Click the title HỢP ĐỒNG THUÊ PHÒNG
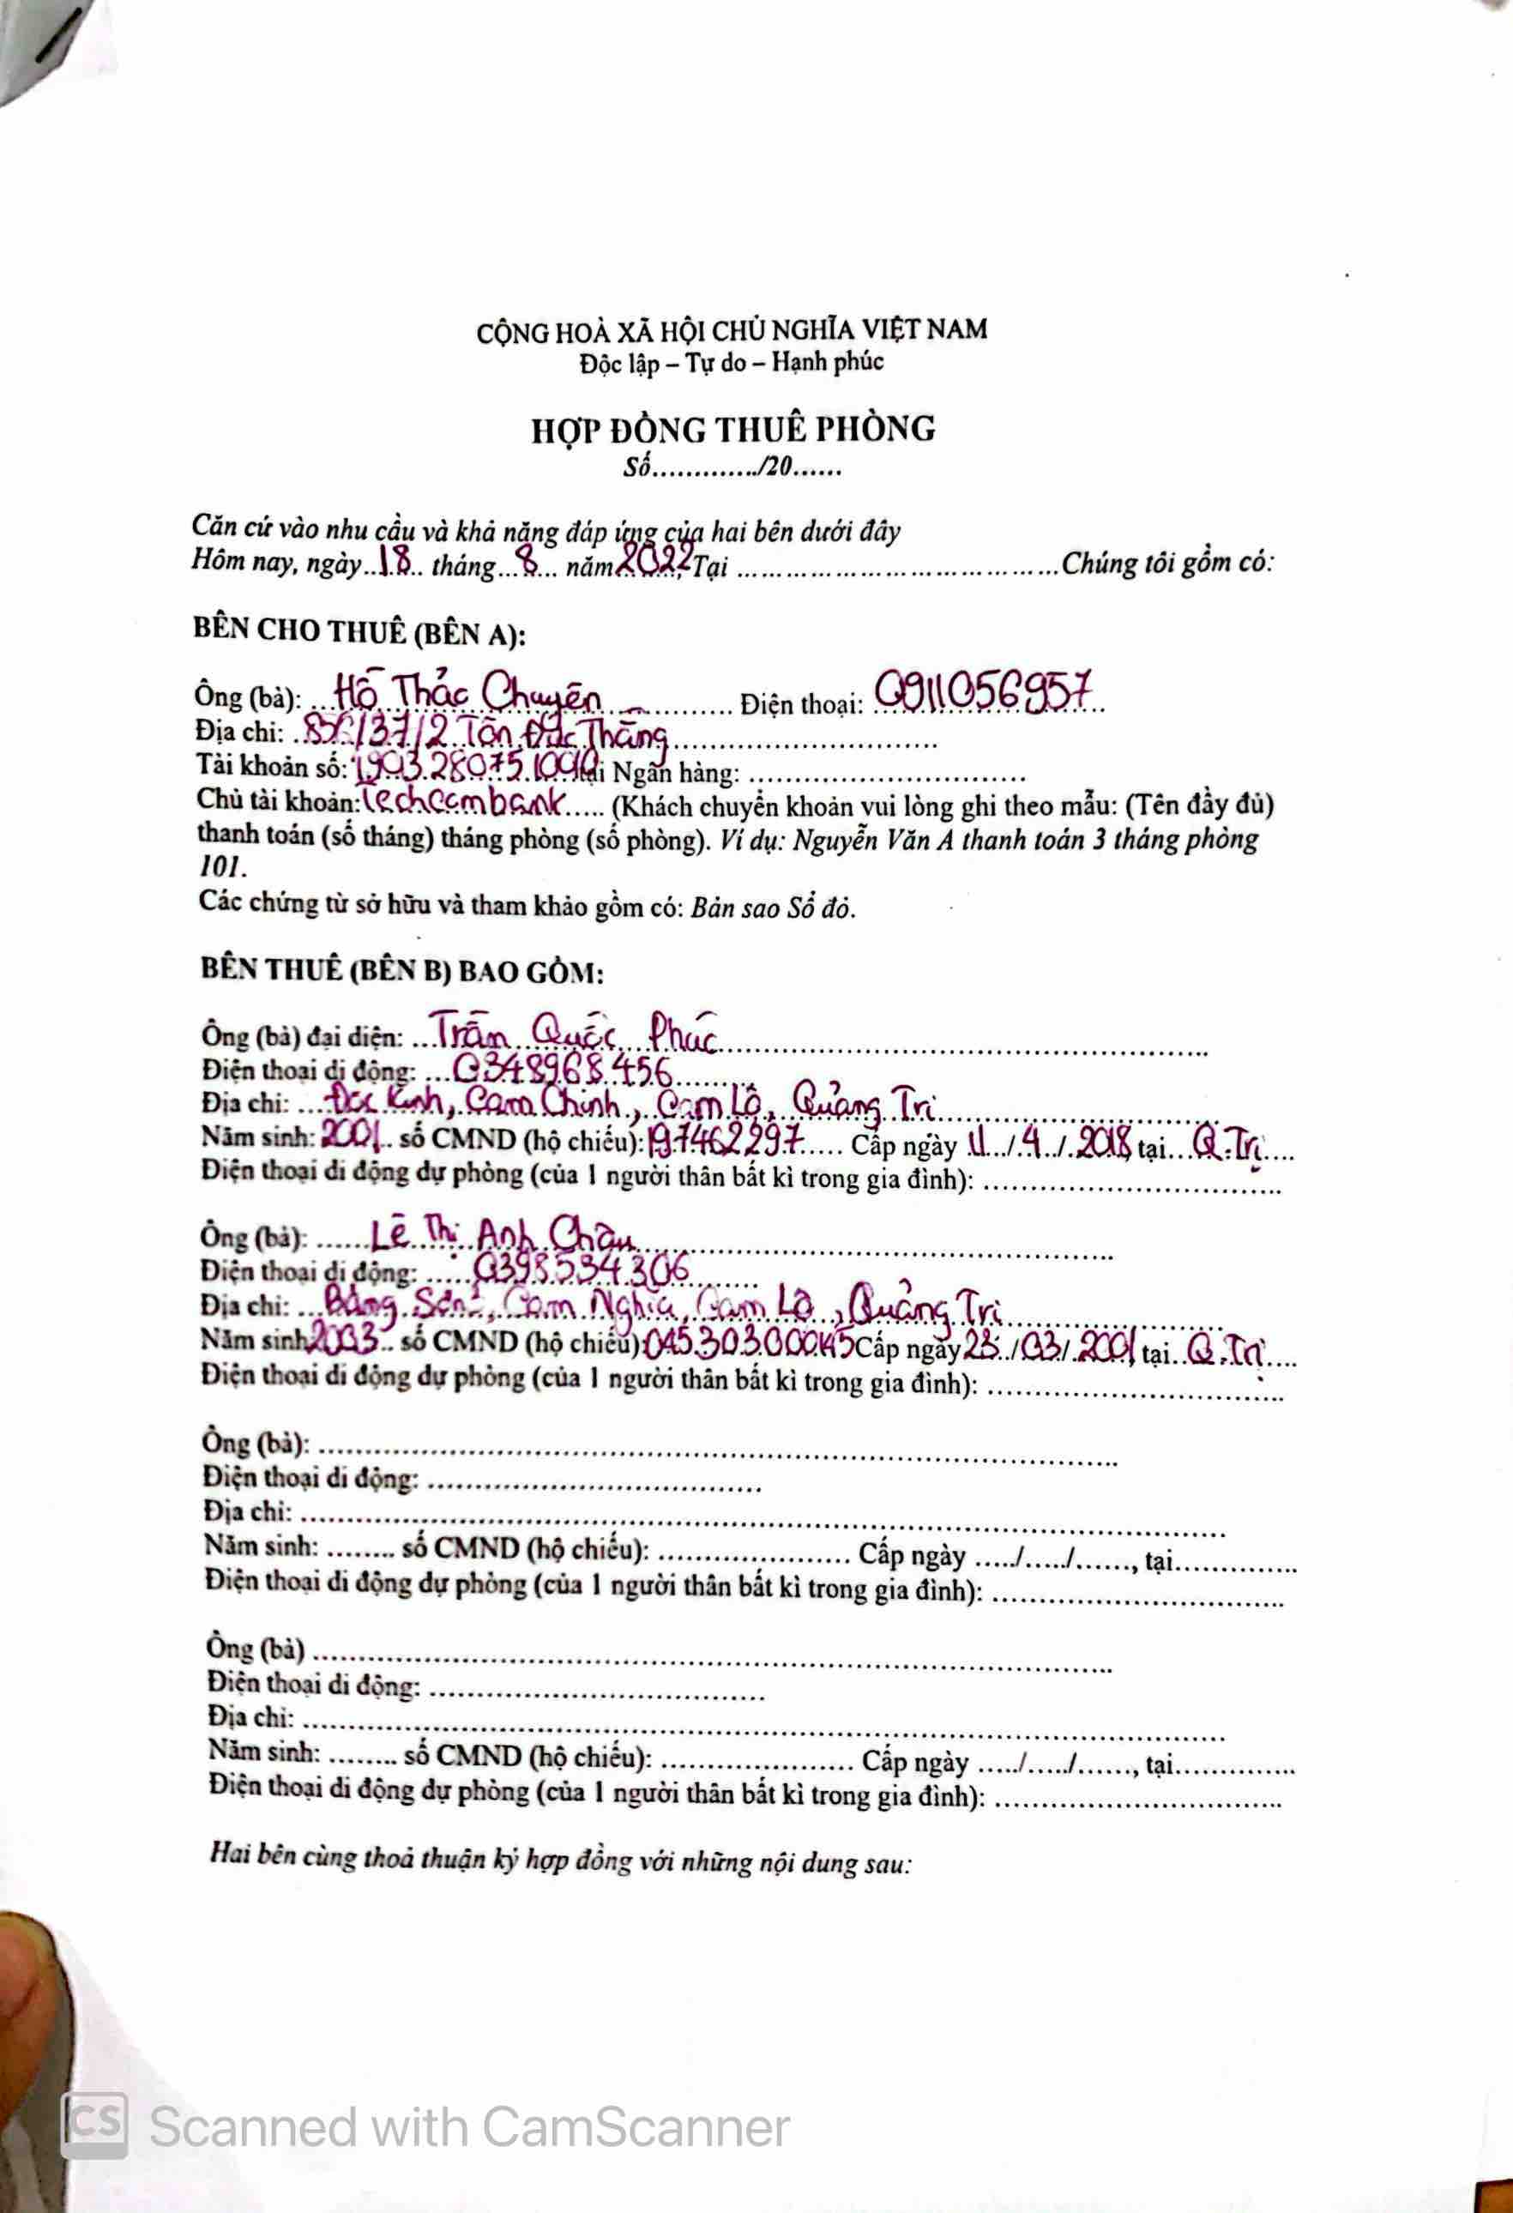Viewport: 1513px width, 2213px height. [733, 431]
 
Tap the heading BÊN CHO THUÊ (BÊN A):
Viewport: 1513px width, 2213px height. [359, 631]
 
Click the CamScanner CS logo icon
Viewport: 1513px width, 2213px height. [94, 2126]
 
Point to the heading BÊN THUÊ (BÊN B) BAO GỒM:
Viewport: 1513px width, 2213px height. [401, 970]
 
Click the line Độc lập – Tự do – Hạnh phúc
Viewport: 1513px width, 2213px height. [732, 363]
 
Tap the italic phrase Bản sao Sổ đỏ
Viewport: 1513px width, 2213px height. [772, 908]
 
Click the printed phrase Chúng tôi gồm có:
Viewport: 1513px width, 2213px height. [1167, 564]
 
